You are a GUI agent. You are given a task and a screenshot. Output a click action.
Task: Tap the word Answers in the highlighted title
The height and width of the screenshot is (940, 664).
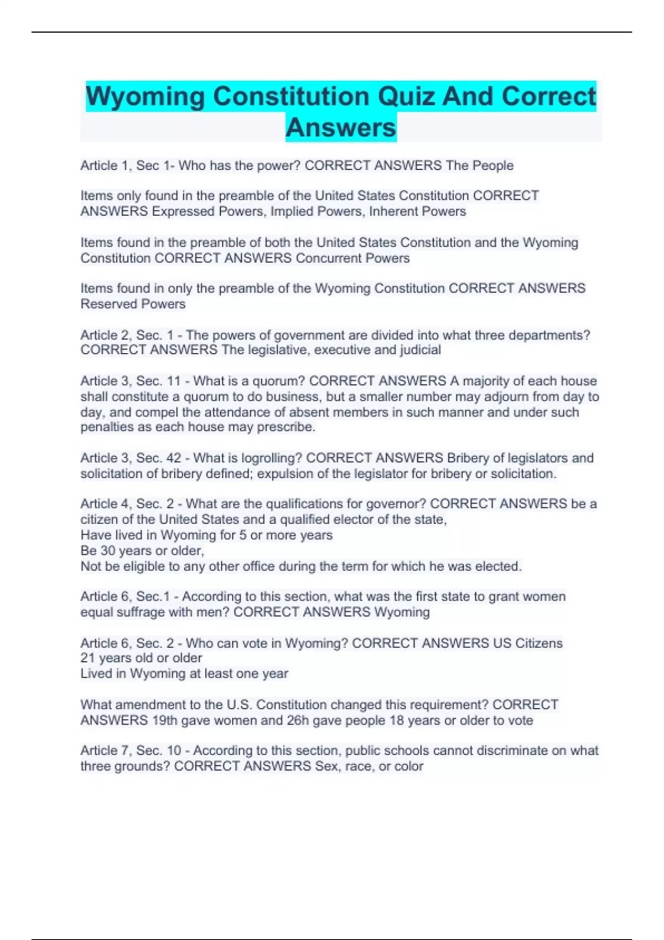(x=341, y=128)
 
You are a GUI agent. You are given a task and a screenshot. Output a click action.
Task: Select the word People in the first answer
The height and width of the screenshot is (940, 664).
(x=492, y=165)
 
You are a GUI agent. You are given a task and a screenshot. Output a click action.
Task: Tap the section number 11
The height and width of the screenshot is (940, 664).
(x=174, y=381)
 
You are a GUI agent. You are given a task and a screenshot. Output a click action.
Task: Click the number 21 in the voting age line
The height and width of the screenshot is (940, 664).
(x=87, y=658)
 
